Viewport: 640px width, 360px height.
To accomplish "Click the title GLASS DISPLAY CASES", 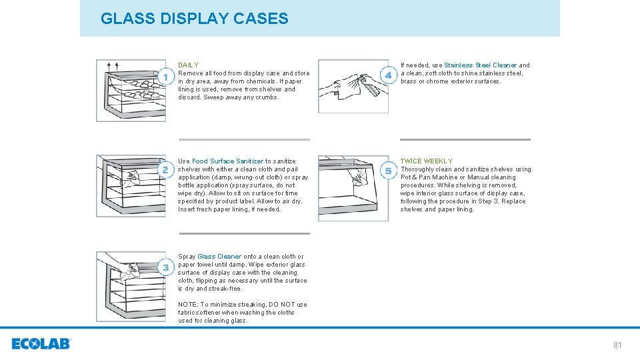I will (194, 19).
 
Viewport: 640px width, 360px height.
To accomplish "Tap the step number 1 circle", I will (165, 77).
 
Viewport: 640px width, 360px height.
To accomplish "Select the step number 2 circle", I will (165, 170).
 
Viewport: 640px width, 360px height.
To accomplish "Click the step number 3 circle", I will (165, 267).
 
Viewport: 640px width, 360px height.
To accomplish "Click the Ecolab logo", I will (41, 344).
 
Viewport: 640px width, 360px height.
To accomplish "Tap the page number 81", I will (617, 345).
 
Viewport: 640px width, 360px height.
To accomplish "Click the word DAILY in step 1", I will (188, 65).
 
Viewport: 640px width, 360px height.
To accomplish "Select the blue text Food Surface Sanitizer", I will (227, 161).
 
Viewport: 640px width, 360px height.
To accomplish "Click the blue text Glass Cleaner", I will (219, 257).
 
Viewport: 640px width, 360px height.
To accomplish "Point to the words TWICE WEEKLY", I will (426, 161).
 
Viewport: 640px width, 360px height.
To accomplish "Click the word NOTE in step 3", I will (187, 305).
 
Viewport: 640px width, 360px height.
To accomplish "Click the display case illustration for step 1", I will (130, 91).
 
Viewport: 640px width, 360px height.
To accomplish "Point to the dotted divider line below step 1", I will (244, 139).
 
